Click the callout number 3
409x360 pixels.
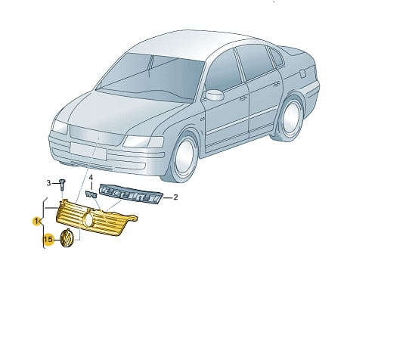(x=48, y=183)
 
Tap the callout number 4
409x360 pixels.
(x=91, y=178)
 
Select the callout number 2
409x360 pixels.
(x=175, y=197)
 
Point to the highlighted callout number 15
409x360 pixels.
(x=48, y=239)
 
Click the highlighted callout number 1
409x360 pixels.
(x=36, y=221)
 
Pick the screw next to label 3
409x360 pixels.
(x=62, y=185)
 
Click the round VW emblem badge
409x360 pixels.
(x=67, y=238)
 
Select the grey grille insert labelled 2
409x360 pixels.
(x=131, y=194)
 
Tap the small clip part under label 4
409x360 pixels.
(x=91, y=194)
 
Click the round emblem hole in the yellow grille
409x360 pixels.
(x=88, y=221)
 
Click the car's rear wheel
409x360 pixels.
(x=290, y=119)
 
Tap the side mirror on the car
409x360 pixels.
(x=214, y=95)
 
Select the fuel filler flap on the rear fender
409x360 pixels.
(x=302, y=73)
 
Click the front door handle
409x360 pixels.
(x=243, y=98)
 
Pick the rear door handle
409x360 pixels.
(x=277, y=84)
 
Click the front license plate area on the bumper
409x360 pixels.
(x=88, y=151)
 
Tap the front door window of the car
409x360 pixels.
(x=224, y=70)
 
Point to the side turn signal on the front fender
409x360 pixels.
(x=203, y=119)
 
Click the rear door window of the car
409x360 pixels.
(x=254, y=62)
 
